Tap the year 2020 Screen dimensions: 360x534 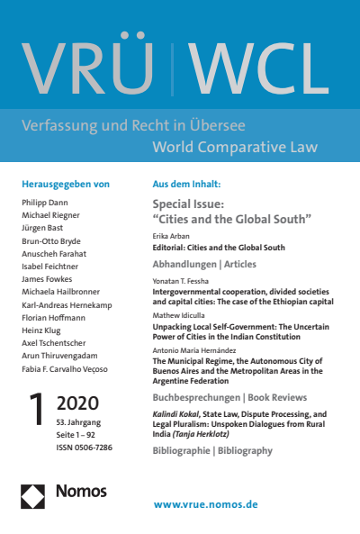pos(78,402)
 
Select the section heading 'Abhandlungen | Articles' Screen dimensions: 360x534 pos(204,265)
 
